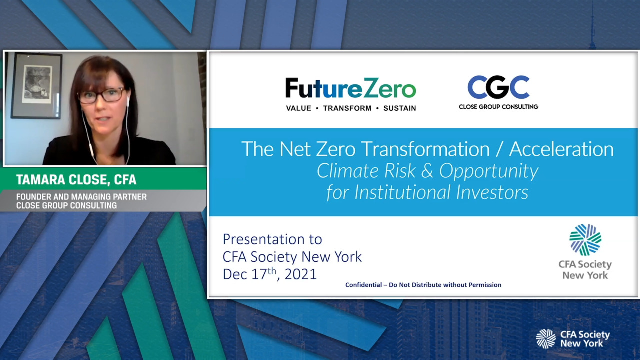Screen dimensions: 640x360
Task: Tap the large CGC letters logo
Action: tap(498, 87)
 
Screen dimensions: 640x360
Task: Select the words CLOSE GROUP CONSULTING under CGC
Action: tap(498, 107)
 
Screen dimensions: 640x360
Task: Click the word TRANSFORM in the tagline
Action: tap(347, 108)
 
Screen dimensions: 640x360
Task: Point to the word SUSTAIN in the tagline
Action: tap(399, 108)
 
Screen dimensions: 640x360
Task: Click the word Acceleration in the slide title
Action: tap(561, 149)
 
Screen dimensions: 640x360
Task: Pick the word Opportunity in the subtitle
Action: tap(489, 171)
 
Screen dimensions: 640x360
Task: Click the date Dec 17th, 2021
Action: tap(269, 274)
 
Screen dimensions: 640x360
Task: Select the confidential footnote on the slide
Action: tap(423, 285)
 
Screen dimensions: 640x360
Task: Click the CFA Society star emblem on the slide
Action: tap(585, 240)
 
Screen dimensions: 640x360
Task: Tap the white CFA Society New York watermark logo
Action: tap(573, 339)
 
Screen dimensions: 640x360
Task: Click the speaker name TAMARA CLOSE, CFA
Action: tap(76, 180)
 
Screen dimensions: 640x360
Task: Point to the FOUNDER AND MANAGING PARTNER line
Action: tap(81, 197)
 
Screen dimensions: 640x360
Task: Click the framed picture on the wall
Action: tap(36, 85)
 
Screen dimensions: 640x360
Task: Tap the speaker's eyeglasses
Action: tap(101, 95)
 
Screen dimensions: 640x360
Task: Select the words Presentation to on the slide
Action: tap(272, 239)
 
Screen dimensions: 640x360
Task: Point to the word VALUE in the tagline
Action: tap(299, 108)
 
